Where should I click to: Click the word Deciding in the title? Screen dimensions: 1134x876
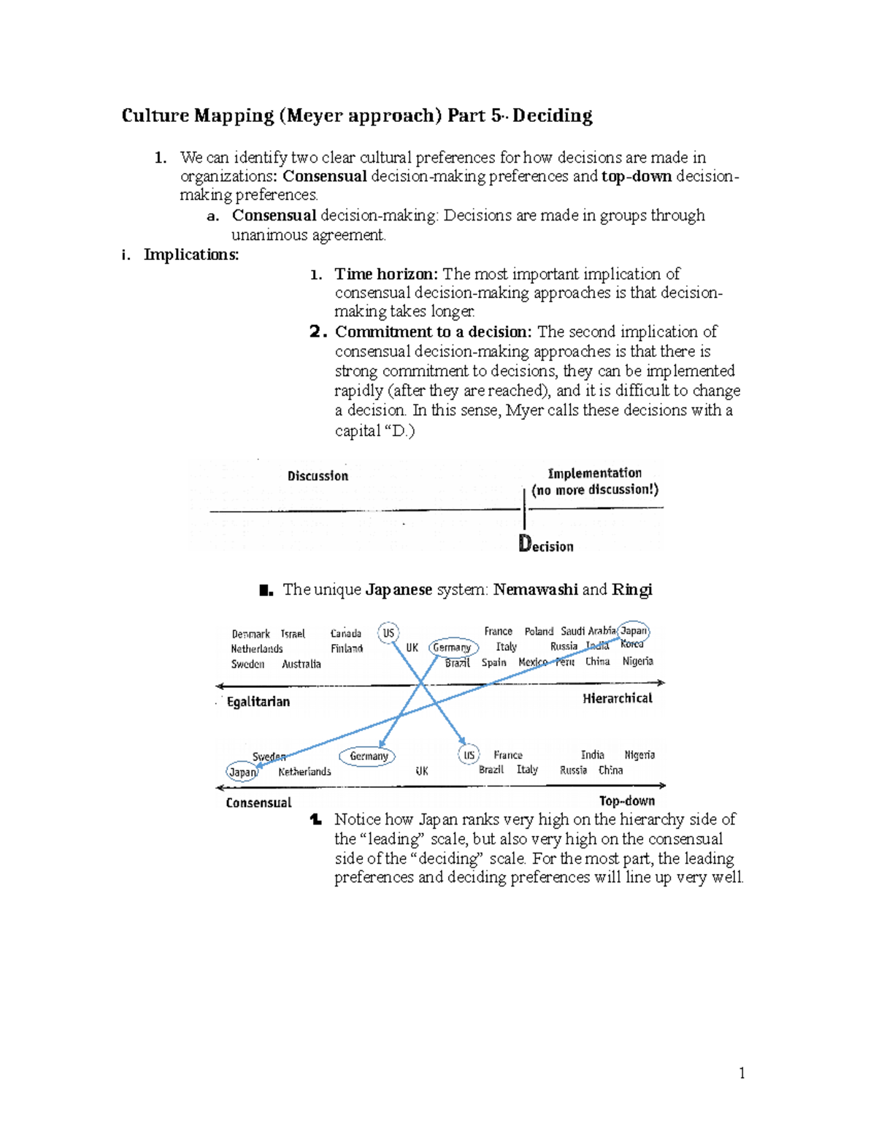(552, 115)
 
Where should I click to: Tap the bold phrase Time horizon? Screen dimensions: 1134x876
(386, 274)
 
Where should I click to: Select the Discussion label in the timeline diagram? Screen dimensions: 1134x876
(318, 476)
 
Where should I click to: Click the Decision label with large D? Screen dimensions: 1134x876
(546, 545)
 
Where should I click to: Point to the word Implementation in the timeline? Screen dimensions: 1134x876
(594, 473)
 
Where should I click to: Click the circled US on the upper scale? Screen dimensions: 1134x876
(388, 633)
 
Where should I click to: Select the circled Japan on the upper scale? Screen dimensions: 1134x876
(634, 631)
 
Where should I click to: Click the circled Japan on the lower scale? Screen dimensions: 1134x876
(242, 772)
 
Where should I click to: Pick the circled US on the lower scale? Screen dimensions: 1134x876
(469, 755)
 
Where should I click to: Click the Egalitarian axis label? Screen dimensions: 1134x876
(258, 702)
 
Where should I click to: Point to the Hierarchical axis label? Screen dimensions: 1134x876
(617, 699)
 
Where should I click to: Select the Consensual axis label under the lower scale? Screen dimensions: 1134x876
(258, 802)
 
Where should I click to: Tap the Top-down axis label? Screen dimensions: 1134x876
(626, 801)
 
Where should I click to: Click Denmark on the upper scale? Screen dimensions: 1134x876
(250, 634)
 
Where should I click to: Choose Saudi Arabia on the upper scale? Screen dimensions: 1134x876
(588, 631)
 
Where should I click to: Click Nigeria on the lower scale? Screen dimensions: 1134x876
(639, 755)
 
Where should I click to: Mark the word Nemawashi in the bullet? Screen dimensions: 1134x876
(535, 589)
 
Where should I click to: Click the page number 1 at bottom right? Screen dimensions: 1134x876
(742, 1073)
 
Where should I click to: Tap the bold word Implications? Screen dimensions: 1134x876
(191, 254)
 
